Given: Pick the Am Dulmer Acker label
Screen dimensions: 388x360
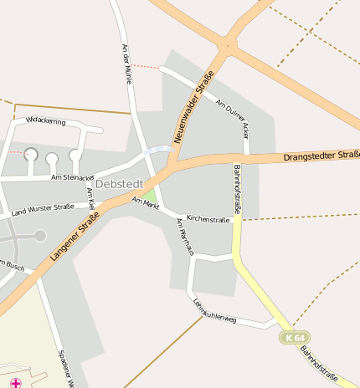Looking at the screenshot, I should click(x=233, y=118).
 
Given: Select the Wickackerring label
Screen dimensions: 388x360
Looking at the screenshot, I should click(x=45, y=121).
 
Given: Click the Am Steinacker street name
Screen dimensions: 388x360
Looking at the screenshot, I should click(x=73, y=176).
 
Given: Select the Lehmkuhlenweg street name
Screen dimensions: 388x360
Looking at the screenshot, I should click(x=214, y=310).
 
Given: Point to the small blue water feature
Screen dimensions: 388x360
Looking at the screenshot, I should click(x=156, y=151).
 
